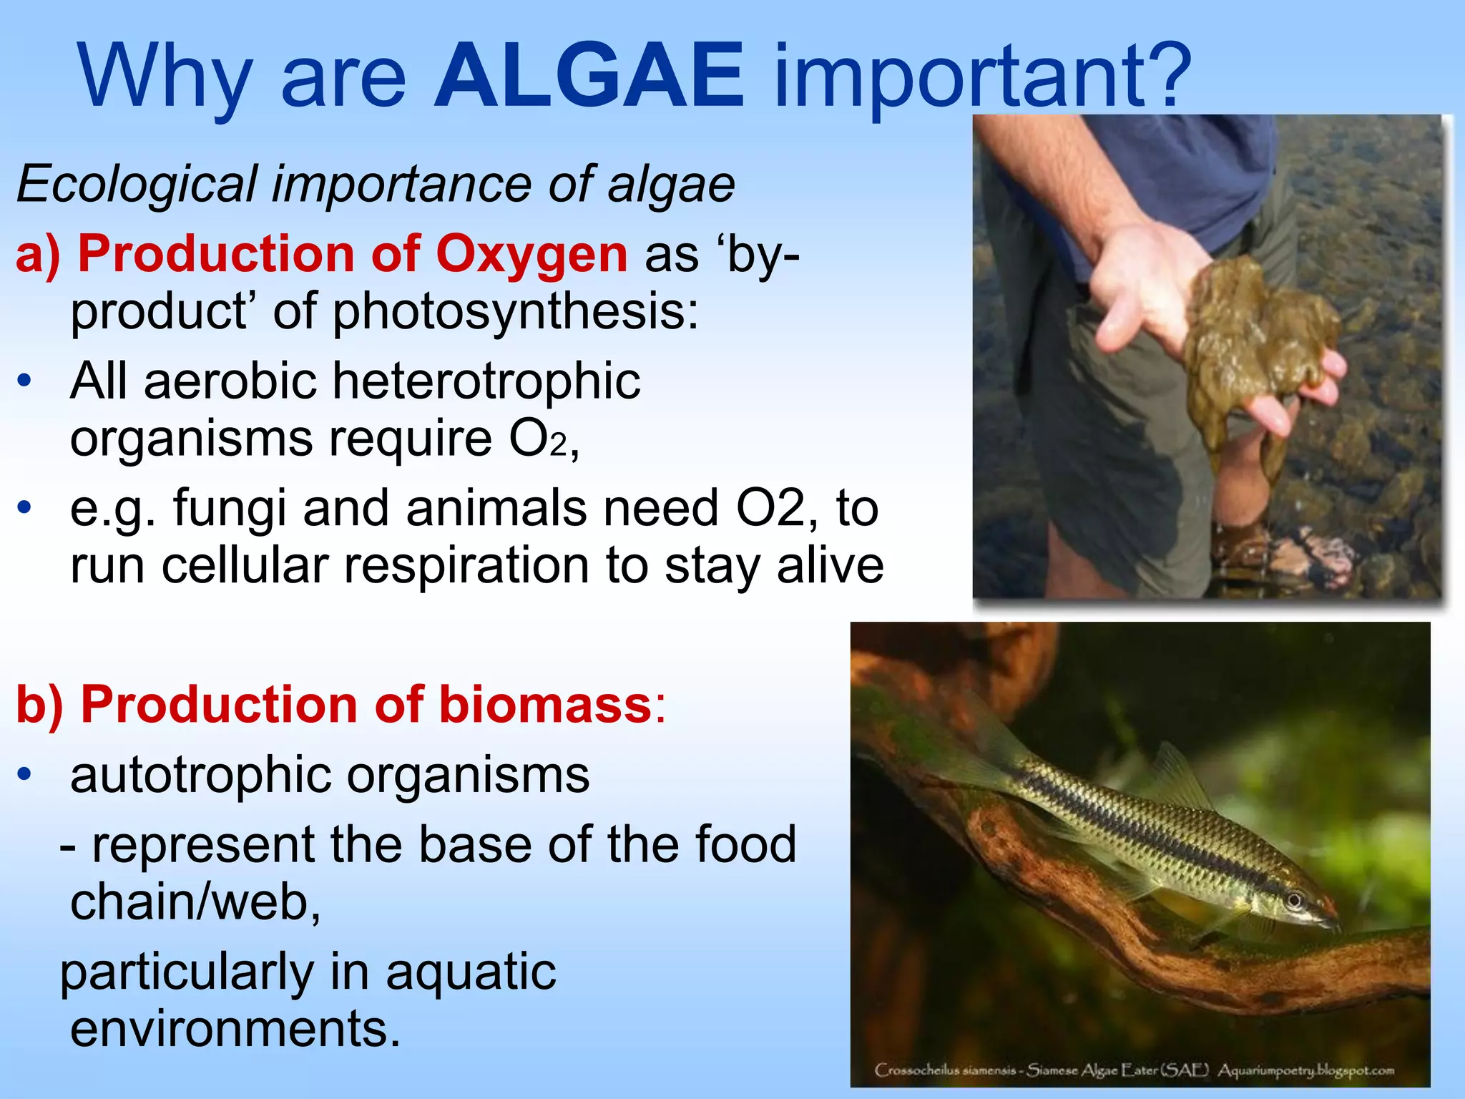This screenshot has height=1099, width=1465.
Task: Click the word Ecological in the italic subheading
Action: tap(136, 185)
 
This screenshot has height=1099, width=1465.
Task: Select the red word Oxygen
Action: tap(531, 255)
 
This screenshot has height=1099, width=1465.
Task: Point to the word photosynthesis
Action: tap(515, 312)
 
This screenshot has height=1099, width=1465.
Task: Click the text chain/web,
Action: tap(195, 902)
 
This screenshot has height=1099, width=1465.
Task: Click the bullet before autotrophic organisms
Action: tap(25, 775)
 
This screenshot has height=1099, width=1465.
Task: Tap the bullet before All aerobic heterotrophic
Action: tap(25, 381)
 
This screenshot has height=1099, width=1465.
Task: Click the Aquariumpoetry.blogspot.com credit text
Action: tap(1306, 1070)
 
